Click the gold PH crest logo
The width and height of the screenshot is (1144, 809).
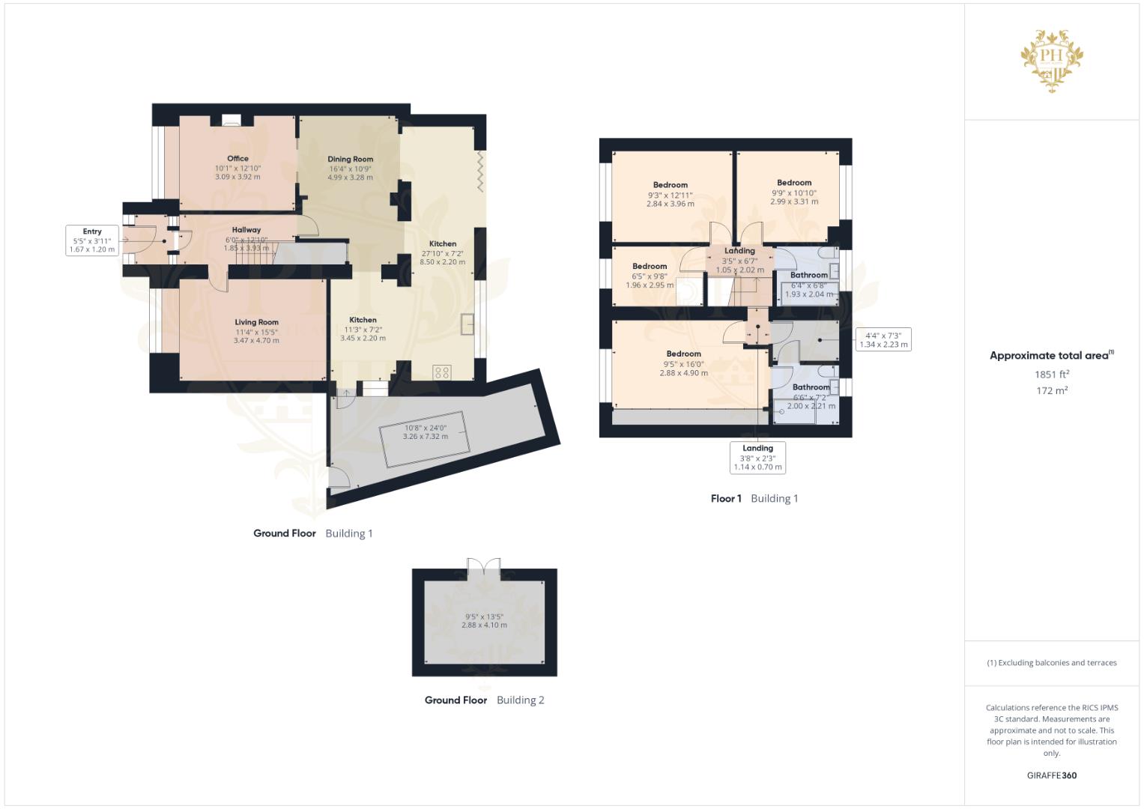pos(1053,61)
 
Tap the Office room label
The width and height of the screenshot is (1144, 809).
pos(237,159)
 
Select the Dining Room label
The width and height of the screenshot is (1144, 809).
pos(350,160)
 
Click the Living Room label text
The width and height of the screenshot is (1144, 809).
pos(256,323)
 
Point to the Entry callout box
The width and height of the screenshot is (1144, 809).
pos(92,240)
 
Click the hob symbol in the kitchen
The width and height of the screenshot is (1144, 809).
pos(442,372)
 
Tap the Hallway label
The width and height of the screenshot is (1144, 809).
pos(246,231)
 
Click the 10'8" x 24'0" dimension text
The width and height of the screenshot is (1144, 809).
pos(426,428)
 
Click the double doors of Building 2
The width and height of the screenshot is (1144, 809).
pos(483,567)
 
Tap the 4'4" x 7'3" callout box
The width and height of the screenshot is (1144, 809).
pos(883,340)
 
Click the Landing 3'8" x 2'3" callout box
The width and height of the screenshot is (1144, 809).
pos(757,458)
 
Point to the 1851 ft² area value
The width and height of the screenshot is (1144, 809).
pos(1052,375)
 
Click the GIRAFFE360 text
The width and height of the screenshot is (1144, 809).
pos(1051,775)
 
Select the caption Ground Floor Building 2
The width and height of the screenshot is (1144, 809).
pos(484,700)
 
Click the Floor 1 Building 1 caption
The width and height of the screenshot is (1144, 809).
pos(754,499)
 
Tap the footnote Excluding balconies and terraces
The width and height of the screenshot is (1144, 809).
pos(1052,663)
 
